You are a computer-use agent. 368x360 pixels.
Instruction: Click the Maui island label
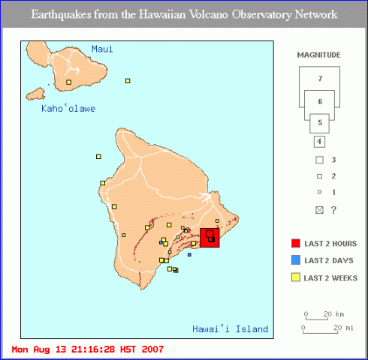[x=101, y=49]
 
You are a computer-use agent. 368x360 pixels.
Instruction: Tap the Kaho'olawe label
[x=68, y=109]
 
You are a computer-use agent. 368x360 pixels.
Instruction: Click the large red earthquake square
[x=210, y=237]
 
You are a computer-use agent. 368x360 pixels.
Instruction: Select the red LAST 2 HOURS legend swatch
[x=296, y=244]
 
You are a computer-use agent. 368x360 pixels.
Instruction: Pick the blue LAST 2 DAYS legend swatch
[x=296, y=260]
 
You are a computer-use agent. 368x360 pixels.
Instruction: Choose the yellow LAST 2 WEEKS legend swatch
[x=296, y=277]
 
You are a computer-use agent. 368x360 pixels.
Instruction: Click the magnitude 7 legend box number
[x=320, y=79]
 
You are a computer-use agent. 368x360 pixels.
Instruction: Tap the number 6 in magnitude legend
[x=320, y=101]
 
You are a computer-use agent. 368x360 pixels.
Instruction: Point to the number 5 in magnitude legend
[x=320, y=121]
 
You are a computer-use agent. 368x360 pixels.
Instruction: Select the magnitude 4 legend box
[x=319, y=141]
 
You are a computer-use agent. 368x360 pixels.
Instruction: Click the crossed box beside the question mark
[x=319, y=210]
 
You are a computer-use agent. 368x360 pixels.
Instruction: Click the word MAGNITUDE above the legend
[x=319, y=55]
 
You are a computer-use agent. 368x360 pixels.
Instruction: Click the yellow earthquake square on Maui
[x=68, y=82]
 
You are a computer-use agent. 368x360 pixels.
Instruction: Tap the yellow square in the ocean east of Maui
[x=128, y=80]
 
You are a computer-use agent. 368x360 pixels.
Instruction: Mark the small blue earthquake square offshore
[x=189, y=255]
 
